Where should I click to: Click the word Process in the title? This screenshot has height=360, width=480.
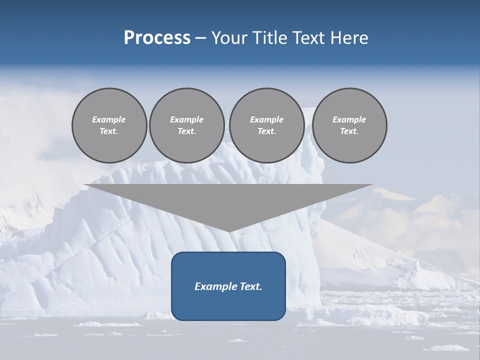[x=157, y=37]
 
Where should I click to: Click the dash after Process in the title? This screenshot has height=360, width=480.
[x=200, y=38]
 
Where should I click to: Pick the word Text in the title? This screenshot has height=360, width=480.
[x=306, y=37]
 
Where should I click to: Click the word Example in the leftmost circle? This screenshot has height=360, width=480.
[x=109, y=119]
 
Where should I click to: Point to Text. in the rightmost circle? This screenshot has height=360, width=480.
[x=349, y=131]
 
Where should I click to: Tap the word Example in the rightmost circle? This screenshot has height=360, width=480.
[x=349, y=119]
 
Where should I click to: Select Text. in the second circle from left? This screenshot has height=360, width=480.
[x=186, y=131]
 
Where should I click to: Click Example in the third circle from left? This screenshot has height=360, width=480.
[x=266, y=119]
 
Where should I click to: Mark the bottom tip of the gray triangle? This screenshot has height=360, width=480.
[x=228, y=231]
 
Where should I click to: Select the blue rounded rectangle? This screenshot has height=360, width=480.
[x=228, y=305]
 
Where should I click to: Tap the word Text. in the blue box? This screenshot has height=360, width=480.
[x=250, y=286]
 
